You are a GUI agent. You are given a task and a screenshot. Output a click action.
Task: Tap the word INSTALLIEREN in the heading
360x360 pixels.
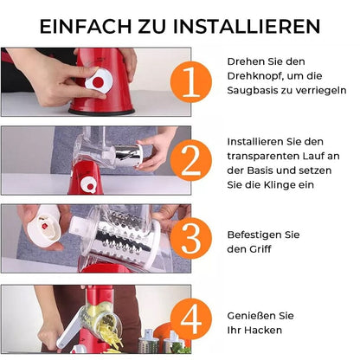click(x=247, y=27)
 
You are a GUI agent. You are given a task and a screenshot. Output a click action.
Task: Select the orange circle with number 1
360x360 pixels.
click(x=191, y=82)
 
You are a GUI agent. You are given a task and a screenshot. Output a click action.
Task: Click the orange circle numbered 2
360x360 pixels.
click(x=191, y=161)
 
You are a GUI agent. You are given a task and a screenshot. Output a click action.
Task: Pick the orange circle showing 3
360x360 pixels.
click(x=191, y=239)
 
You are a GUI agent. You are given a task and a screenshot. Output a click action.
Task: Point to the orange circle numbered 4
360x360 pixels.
click(x=191, y=319)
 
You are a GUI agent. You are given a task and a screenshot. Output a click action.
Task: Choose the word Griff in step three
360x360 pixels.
click(x=260, y=249)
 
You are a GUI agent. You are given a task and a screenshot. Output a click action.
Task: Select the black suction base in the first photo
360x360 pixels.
click(x=101, y=112)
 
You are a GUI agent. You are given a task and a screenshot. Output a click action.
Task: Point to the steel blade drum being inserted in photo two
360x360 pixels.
click(x=129, y=156)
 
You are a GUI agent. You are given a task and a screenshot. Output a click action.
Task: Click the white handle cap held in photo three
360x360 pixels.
click(x=44, y=226)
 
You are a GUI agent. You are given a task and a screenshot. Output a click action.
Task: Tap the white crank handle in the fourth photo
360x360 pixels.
click(x=68, y=331)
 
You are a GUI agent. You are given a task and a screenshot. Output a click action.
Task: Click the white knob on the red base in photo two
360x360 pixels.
click(x=87, y=184)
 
